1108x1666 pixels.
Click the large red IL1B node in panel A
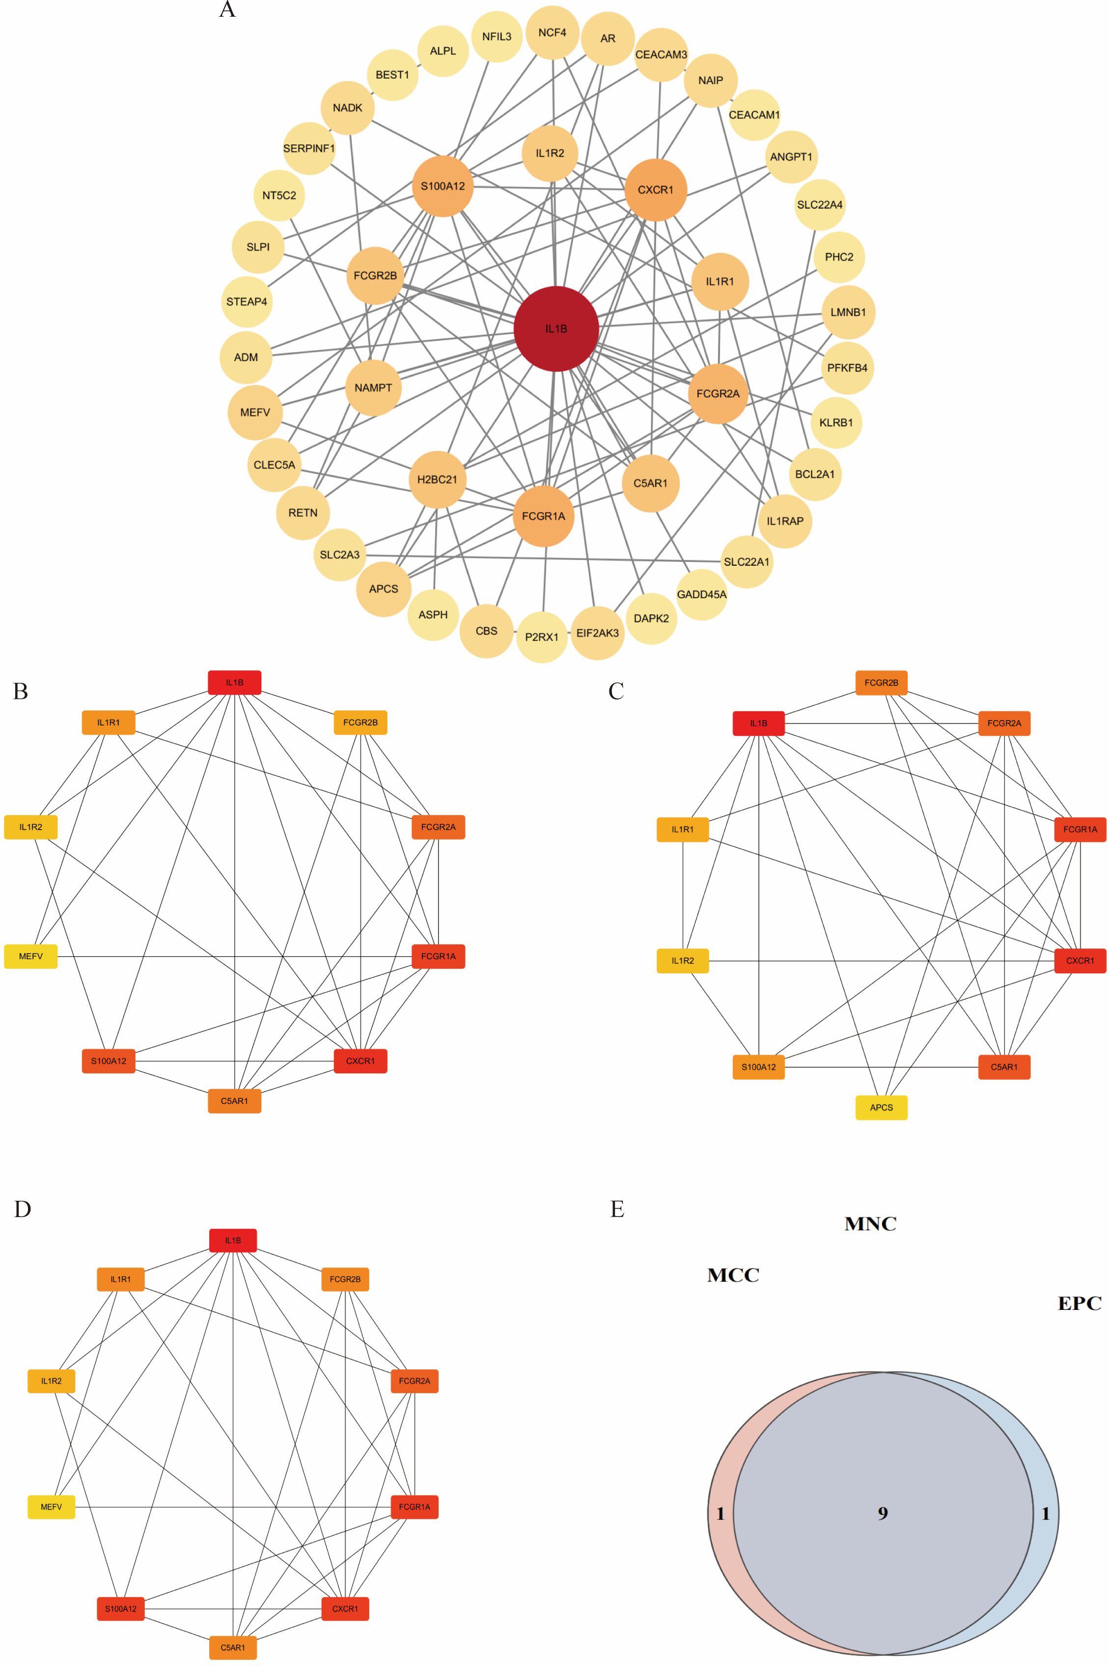556,329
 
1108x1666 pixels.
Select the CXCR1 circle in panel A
656,190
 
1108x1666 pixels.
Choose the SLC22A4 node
820,205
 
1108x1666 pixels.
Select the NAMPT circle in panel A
373,387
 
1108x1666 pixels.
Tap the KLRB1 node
836,422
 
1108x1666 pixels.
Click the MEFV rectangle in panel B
31,956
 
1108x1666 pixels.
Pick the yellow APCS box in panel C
881,1107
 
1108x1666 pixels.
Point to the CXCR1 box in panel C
1080,961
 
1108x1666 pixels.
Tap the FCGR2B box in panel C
881,683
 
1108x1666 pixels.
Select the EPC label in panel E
1079,1304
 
